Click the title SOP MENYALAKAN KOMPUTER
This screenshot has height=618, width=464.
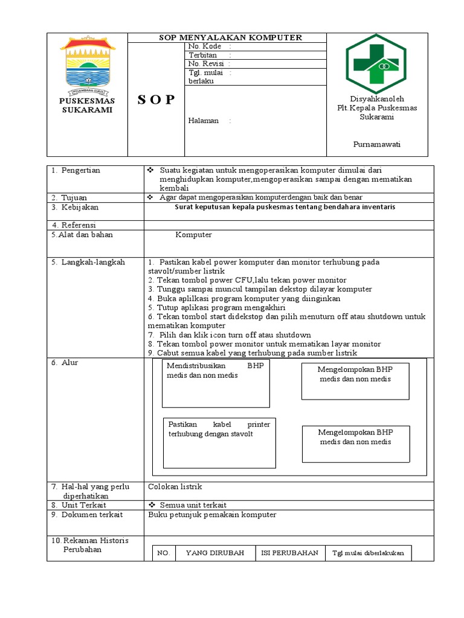pyautogui.click(x=230, y=37)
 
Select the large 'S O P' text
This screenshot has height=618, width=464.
pyautogui.click(x=155, y=100)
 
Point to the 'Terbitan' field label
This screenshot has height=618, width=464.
pyautogui.click(x=203, y=55)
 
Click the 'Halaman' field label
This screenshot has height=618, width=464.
pyautogui.click(x=204, y=120)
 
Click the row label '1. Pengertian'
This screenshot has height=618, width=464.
pyautogui.click(x=76, y=171)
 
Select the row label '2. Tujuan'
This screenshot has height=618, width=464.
pyautogui.click(x=69, y=197)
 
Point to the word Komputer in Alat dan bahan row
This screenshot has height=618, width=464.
pyautogui.click(x=193, y=235)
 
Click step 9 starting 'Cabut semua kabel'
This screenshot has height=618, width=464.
pyautogui.click(x=253, y=352)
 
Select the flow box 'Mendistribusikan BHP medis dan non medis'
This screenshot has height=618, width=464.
pyautogui.click(x=216, y=383)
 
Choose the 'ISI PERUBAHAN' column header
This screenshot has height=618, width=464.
pyautogui.click(x=290, y=553)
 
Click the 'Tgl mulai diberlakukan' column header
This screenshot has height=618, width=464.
pyautogui.click(x=368, y=553)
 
